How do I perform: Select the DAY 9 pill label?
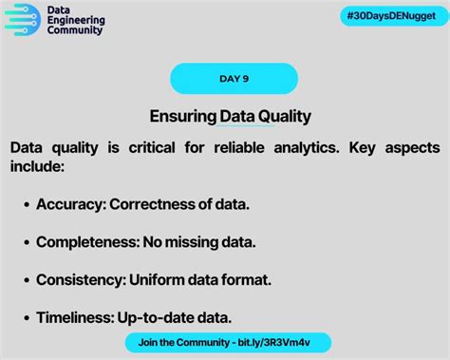234,79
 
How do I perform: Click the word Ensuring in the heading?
182,116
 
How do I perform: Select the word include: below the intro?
37,166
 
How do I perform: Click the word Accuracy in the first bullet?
71,204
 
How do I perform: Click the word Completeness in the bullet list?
87,242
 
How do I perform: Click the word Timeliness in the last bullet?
76,318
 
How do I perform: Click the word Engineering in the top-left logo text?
75,19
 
